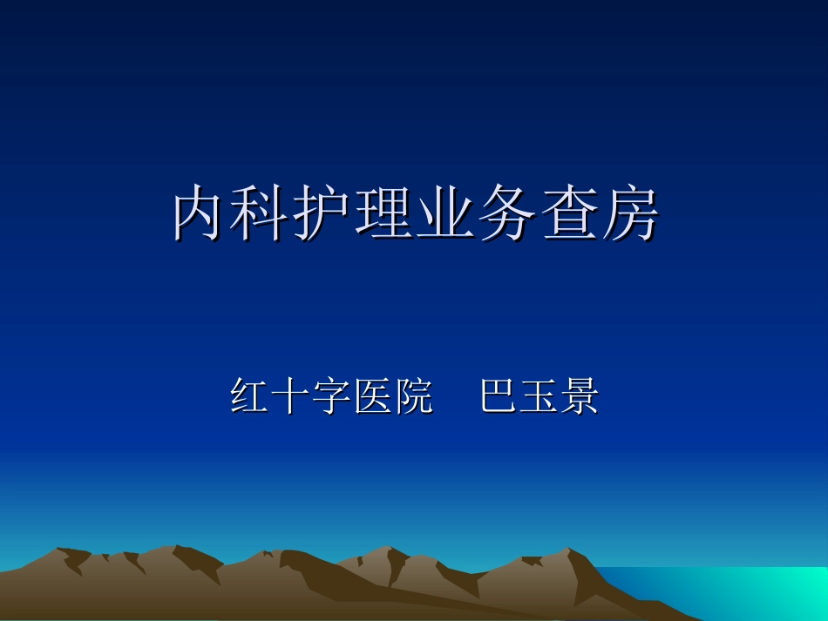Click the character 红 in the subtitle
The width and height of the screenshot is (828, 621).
[251, 397]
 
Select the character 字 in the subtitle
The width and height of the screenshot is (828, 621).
[332, 397]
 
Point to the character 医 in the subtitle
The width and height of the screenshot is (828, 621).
[373, 397]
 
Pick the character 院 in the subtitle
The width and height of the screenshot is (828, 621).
[414, 397]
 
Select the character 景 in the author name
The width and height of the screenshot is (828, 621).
[580, 397]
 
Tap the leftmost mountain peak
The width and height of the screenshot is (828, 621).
[61, 551]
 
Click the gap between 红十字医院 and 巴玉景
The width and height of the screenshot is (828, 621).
[457, 397]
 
